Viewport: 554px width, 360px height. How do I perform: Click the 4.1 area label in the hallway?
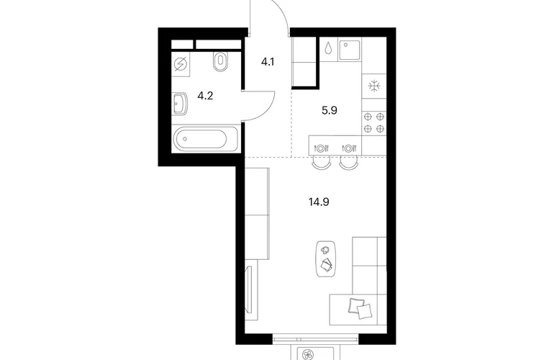click(268, 62)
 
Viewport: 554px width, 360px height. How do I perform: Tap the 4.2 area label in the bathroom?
click(205, 96)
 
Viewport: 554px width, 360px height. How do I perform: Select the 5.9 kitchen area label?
click(330, 111)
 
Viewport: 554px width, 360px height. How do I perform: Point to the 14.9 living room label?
click(319, 202)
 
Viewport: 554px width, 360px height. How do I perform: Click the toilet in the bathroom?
click(220, 61)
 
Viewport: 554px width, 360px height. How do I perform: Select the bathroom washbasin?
click(180, 104)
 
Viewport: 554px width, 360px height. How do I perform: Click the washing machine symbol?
click(181, 65)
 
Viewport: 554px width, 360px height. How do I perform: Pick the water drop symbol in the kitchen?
click(328, 48)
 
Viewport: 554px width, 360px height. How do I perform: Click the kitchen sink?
click(350, 50)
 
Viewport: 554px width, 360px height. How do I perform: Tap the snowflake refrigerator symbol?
click(374, 86)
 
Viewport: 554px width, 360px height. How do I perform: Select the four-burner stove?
click(374, 122)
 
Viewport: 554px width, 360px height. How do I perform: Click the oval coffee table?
click(326, 259)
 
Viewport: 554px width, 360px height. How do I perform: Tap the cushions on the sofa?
click(360, 308)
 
